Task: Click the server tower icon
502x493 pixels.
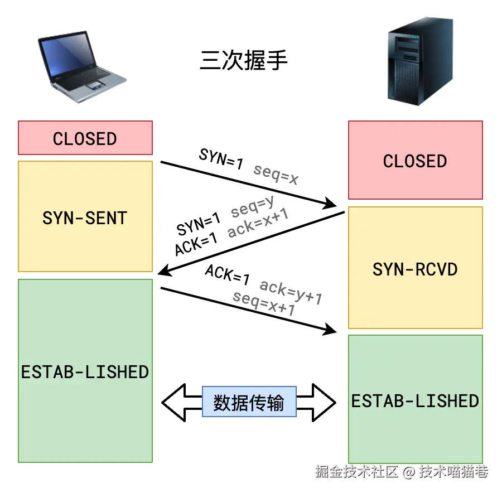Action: [413, 66]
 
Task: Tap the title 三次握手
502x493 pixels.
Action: [244, 60]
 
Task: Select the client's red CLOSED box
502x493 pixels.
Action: [85, 138]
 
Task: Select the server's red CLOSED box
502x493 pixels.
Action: [415, 161]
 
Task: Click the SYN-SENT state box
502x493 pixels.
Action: [85, 217]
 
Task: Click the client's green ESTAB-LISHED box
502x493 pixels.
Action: [85, 371]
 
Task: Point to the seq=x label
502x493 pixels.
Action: [276, 174]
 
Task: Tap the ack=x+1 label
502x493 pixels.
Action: [258, 224]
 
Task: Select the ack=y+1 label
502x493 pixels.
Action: [291, 292]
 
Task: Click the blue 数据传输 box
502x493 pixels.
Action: [249, 402]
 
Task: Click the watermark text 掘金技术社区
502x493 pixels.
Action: [357, 472]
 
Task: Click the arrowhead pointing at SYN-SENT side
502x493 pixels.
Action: [163, 271]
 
